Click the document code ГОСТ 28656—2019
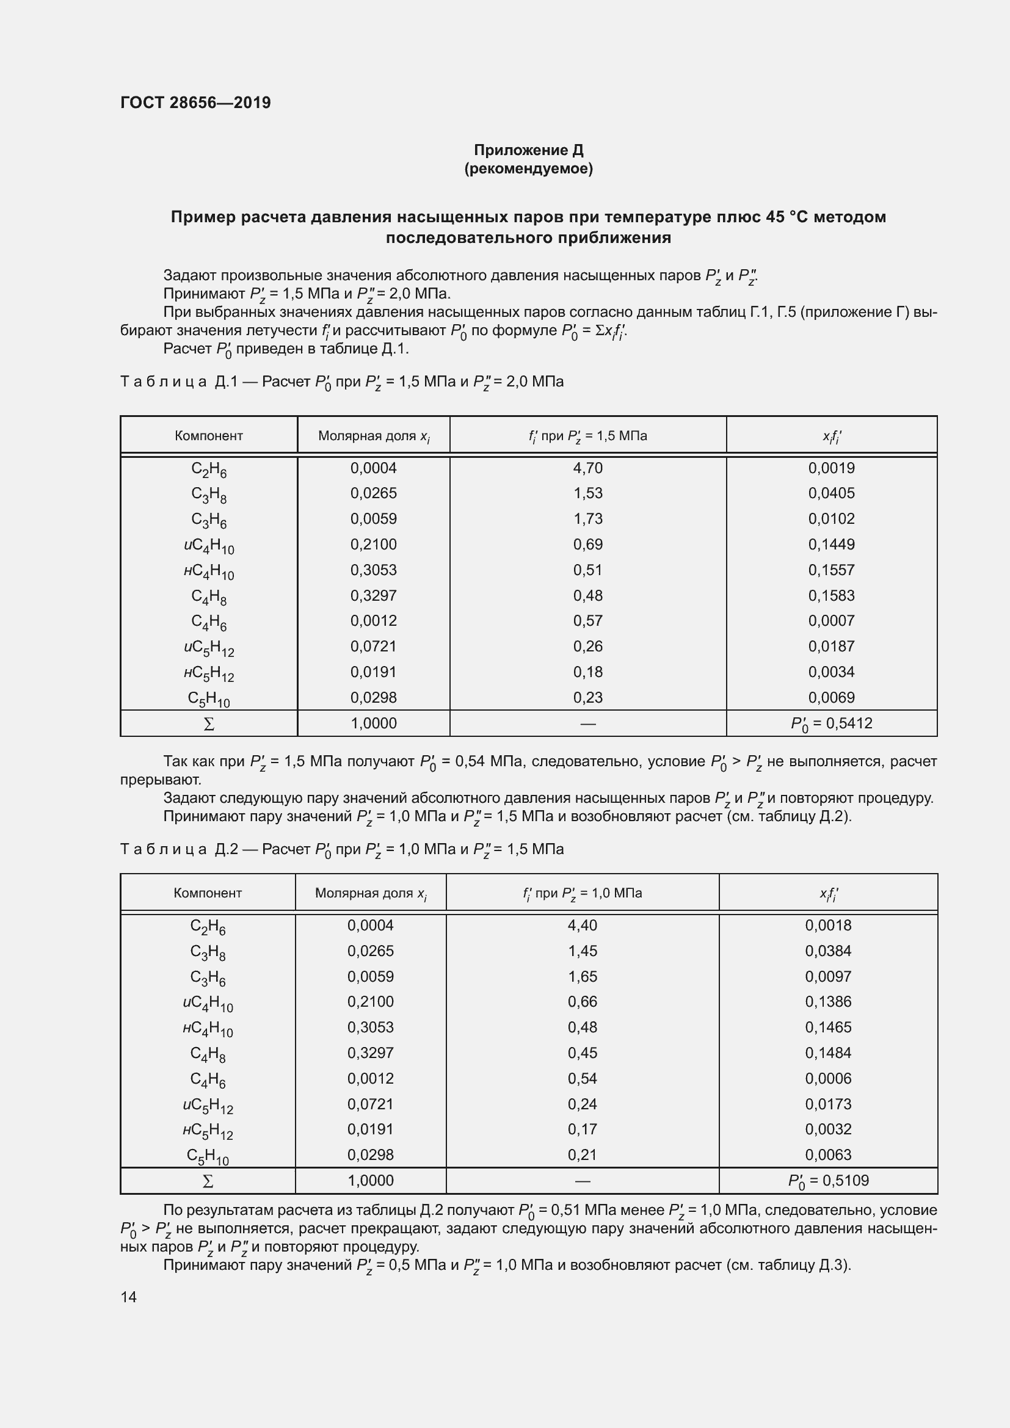(x=195, y=103)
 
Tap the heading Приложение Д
(x=528, y=150)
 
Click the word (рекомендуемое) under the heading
(x=528, y=169)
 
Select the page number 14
(x=129, y=1296)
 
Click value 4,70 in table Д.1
(x=587, y=468)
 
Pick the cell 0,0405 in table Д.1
(x=831, y=493)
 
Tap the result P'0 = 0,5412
(x=831, y=723)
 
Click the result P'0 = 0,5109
(x=828, y=1181)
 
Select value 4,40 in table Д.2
(x=582, y=926)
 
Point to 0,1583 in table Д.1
(x=831, y=595)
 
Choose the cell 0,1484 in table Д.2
(x=828, y=1053)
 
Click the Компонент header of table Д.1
(x=208, y=435)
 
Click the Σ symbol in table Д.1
(x=209, y=724)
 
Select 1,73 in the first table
(x=587, y=519)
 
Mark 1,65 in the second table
(x=582, y=976)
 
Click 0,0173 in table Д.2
(x=828, y=1104)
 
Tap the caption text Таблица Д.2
(x=179, y=850)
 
